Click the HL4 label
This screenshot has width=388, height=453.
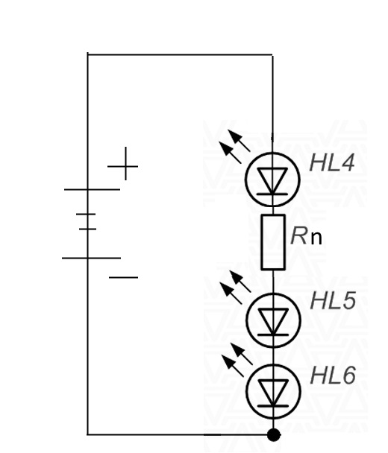pos(332,163)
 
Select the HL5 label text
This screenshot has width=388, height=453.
pos(333,301)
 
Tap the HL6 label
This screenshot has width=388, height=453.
pos(333,376)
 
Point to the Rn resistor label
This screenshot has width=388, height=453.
pos(306,236)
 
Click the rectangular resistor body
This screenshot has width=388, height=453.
pos(273,242)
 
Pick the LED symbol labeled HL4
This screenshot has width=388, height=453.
pos(272,180)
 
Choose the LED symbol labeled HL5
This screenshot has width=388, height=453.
pos(273,320)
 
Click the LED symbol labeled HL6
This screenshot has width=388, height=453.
pos(273,391)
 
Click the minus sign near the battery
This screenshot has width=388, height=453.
pos(124,277)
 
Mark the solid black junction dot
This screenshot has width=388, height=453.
pos(273,434)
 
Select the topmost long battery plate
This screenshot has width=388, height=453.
pos(92,189)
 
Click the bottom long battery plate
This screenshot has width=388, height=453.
pos(92,258)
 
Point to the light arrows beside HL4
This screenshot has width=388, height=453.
pos(234,147)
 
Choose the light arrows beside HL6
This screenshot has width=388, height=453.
pos(237,360)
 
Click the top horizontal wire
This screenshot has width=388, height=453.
pos(180,54)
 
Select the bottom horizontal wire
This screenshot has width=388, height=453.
pos(180,434)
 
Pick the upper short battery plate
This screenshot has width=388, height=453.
pos(86,214)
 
